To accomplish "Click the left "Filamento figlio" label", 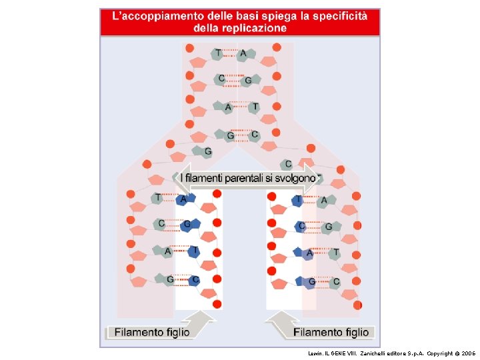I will pos(151,331).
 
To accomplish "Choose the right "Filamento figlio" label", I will pos(330,331).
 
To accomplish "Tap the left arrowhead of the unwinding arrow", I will pos(185,178).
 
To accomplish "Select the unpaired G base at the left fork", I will pos(207,152).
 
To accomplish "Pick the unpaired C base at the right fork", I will pos(287,164).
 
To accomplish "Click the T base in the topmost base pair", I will pos(218,53).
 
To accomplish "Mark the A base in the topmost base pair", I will pos(243,53).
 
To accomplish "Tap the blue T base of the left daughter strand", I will pos(194,251).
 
